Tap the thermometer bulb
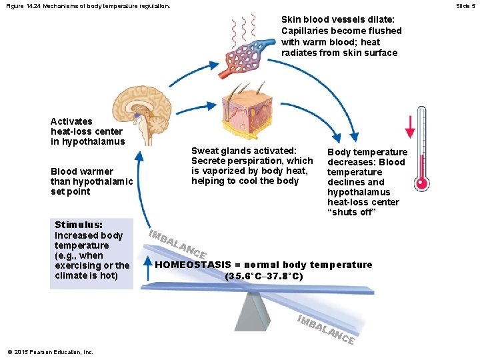(x=421, y=183)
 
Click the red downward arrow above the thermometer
(x=411, y=127)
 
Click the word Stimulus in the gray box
(x=78, y=225)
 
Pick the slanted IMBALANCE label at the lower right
(x=325, y=329)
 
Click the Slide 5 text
(x=465, y=6)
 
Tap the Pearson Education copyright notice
(x=50, y=352)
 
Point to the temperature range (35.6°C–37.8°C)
(x=264, y=275)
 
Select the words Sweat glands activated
(x=243, y=151)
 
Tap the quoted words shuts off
(x=352, y=212)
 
